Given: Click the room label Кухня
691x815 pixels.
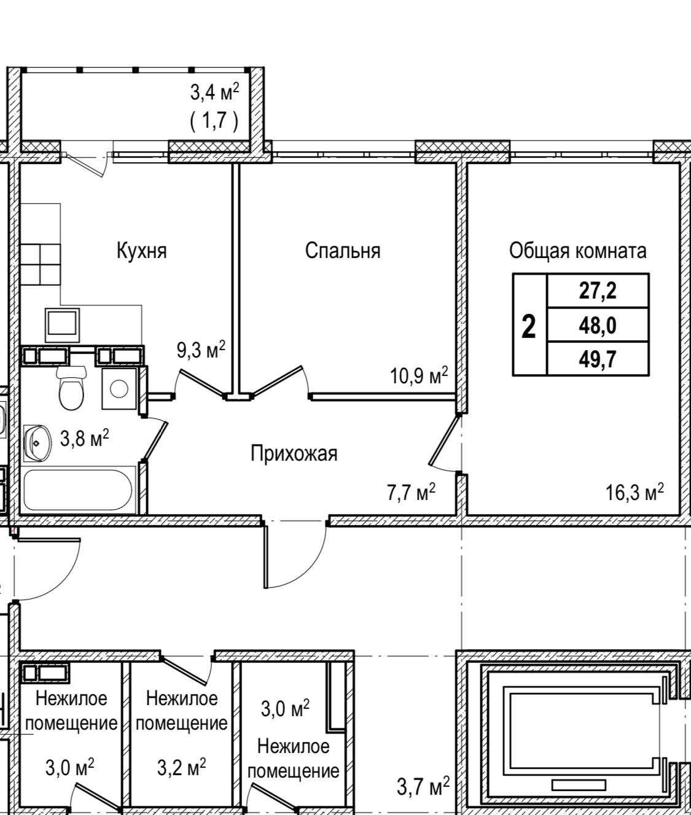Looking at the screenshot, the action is click(x=141, y=251).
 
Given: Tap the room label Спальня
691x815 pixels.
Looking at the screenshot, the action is click(x=343, y=251).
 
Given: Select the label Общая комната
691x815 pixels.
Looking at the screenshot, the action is click(x=577, y=251).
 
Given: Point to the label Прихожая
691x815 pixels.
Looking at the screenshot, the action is click(x=294, y=454).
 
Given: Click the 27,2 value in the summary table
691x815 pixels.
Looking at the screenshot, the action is click(x=597, y=291).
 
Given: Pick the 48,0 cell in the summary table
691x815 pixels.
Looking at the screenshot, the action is click(x=597, y=325).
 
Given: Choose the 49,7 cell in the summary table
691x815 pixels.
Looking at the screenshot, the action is click(x=597, y=359).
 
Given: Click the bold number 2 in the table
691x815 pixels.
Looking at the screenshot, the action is click(x=528, y=326).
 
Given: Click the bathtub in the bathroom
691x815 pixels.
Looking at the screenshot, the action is click(x=78, y=490).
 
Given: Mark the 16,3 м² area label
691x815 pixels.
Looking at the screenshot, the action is click(x=634, y=492).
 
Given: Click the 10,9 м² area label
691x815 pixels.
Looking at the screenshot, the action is click(x=419, y=375).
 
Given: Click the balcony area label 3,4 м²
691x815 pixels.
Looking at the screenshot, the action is click(x=214, y=93).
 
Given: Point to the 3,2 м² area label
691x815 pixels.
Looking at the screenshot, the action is click(x=181, y=767).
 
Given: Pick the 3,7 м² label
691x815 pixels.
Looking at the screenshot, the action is click(x=423, y=786).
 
